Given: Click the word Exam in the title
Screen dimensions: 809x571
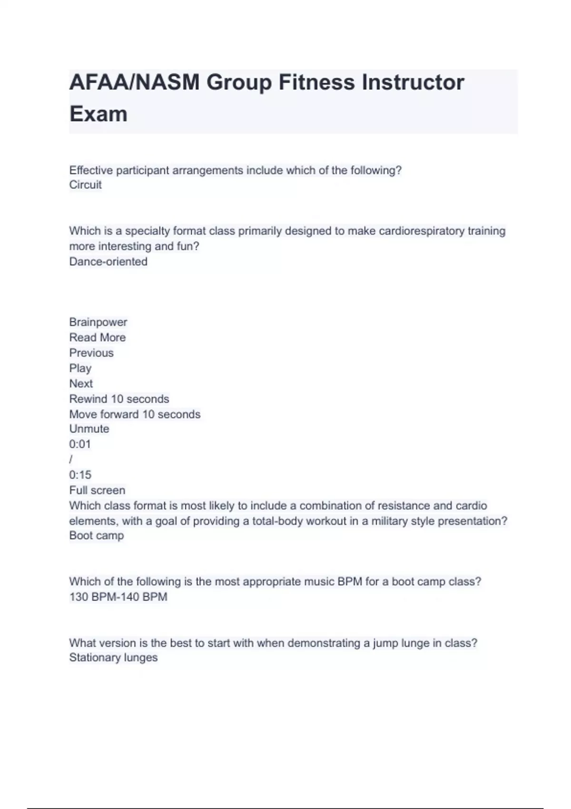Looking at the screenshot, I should (98, 114).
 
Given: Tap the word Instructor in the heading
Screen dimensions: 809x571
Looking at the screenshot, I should (413, 82).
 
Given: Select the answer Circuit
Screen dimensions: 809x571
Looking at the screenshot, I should (86, 185).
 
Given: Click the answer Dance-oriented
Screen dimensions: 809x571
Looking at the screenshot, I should (108, 261).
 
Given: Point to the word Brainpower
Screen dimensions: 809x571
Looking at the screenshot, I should (98, 322).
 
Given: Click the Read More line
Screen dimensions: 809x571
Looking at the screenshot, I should (98, 337).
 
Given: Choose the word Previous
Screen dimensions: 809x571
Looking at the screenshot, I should (91, 353).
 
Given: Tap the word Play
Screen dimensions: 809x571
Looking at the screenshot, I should (80, 368).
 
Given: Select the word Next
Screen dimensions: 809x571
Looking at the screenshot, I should (81, 384).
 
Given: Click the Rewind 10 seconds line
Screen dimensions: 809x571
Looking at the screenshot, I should (119, 399).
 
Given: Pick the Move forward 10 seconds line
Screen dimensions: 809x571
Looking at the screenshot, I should (135, 414).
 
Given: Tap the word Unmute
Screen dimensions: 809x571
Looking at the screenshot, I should (89, 429).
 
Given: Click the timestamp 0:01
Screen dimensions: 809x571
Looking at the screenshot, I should (80, 444).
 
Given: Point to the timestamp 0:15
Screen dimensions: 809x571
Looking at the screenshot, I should (80, 474).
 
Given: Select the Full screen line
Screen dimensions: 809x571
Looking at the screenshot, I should (97, 490).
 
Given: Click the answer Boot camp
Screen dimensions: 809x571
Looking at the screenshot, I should (97, 535).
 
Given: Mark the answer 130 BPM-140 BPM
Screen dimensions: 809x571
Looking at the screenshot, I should (118, 597).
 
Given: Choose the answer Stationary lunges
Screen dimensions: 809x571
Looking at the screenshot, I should (113, 658).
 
